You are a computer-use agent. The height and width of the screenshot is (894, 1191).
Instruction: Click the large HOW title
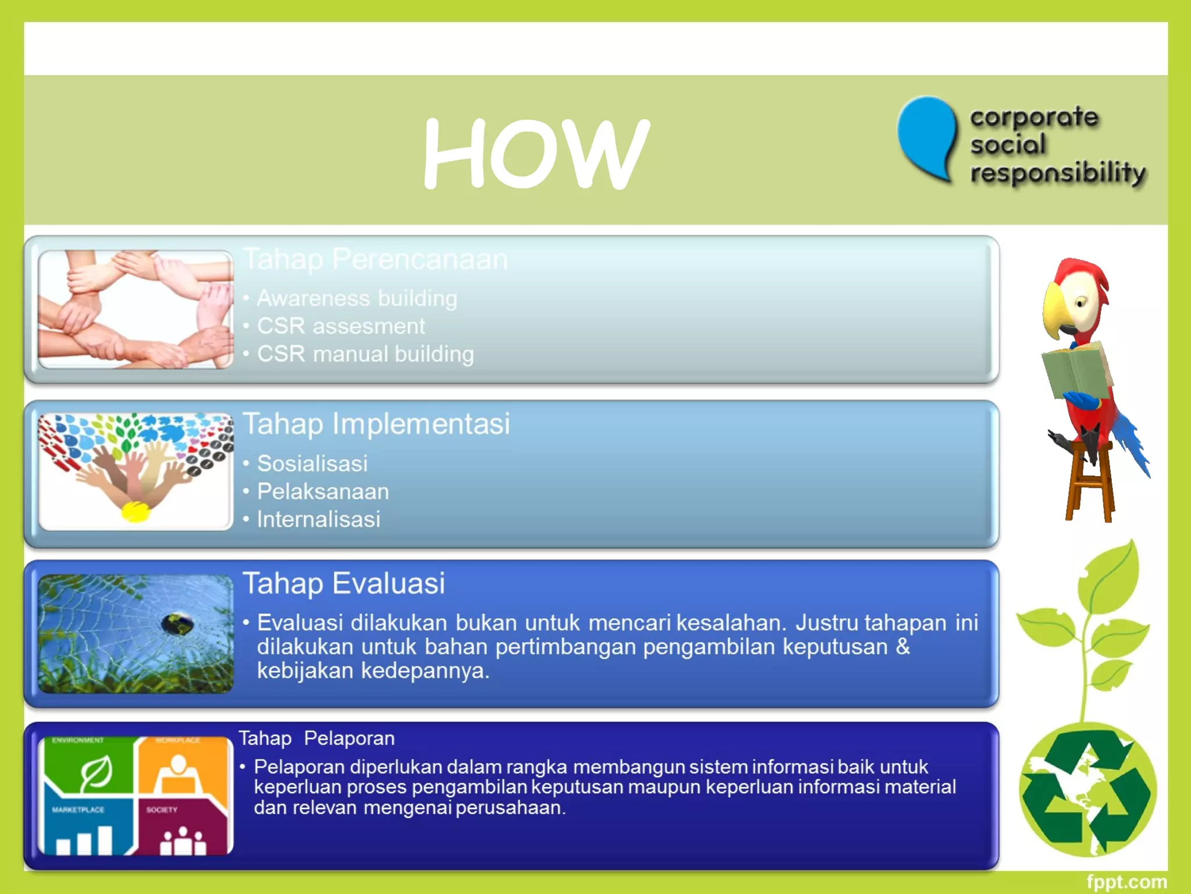click(535, 152)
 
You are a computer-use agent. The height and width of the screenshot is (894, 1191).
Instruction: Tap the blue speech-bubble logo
click(928, 137)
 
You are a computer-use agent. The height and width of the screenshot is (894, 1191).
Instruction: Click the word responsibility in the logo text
click(1058, 173)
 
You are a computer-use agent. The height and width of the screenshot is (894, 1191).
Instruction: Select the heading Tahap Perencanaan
click(376, 259)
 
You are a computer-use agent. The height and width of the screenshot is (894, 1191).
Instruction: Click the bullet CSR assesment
click(341, 326)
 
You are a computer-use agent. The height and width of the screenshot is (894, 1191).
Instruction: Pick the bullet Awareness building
click(356, 298)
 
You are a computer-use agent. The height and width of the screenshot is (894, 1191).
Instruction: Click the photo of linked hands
click(135, 309)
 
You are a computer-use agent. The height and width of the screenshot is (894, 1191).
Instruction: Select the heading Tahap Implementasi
click(376, 424)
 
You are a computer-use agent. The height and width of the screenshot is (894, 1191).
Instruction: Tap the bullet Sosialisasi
click(312, 463)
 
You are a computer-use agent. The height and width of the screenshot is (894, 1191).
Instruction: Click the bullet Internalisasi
click(318, 519)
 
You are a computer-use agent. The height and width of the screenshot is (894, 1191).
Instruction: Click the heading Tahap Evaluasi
click(344, 583)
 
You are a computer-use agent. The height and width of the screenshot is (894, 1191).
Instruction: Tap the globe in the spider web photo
click(177, 625)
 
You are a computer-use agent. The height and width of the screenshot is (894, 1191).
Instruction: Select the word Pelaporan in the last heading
click(349, 738)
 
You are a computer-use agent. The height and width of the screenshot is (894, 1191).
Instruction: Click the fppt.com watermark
click(1126, 882)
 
